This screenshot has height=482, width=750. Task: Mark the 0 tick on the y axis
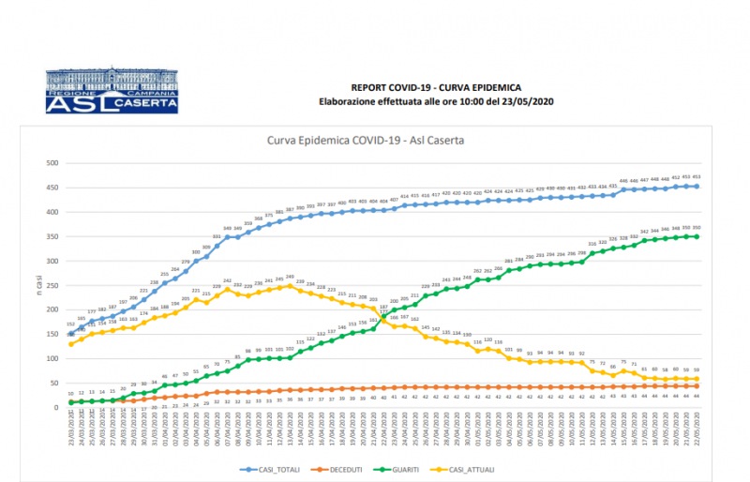click(x=55, y=407)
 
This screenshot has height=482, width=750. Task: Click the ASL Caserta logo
click(x=112, y=91)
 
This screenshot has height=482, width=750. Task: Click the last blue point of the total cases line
click(x=697, y=186)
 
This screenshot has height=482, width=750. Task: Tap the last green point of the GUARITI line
click(x=697, y=236)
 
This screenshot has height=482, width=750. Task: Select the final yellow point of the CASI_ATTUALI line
click(x=697, y=378)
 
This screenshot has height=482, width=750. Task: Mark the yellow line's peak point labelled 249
click(x=290, y=286)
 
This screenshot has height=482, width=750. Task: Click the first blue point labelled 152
click(x=70, y=333)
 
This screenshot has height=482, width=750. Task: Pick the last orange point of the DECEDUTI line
click(x=697, y=385)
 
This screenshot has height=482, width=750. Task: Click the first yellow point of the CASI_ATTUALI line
click(x=70, y=343)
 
